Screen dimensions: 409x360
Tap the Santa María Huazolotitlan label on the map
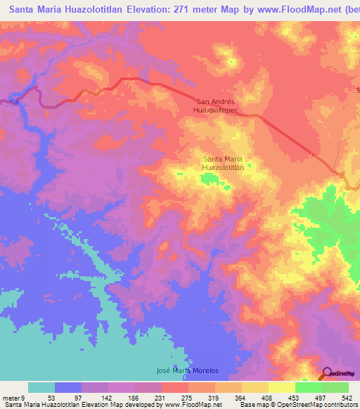[223, 164]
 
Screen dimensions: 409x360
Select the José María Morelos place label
[186, 370]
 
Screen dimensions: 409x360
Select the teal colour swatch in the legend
[41, 388]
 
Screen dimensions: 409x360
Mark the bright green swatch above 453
[308, 388]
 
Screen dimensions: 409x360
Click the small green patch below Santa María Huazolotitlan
[209, 181]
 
